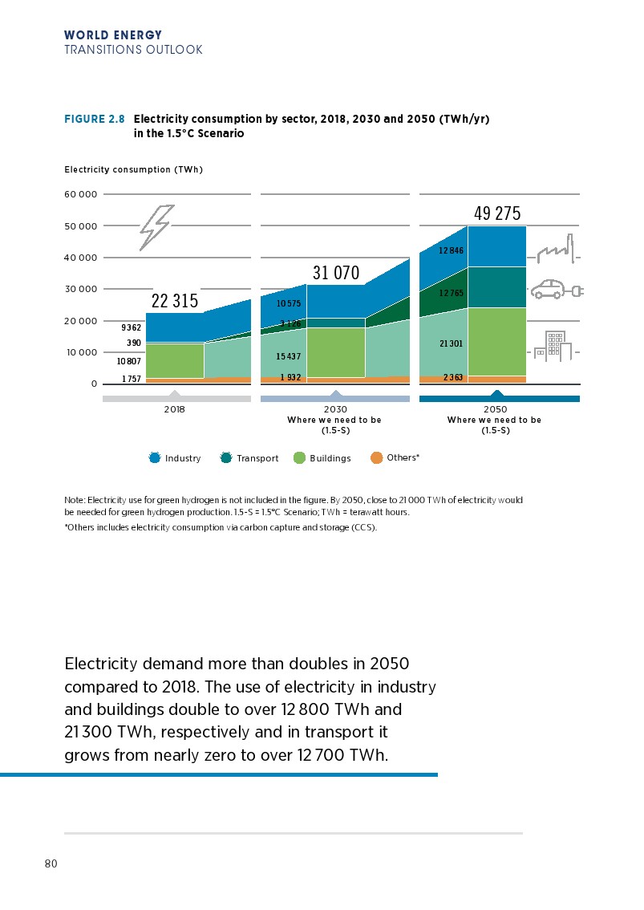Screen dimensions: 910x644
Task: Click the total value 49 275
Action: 497,213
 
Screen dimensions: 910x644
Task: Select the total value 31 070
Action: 336,273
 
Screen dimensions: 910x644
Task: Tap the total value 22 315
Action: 174,302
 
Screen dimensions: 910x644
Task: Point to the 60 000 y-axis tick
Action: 81,195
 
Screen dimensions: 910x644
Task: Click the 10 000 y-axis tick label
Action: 81,352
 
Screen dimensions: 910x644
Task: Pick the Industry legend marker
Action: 156,458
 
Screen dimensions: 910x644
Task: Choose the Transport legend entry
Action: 249,458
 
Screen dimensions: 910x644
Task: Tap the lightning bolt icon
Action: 156,226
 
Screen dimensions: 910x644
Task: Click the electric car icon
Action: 552,289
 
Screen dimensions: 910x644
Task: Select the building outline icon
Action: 554,346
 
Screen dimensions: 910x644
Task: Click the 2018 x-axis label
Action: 174,409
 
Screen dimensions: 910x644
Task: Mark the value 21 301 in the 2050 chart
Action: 451,343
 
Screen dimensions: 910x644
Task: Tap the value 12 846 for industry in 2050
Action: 451,251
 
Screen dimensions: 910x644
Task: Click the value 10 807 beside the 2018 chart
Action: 128,362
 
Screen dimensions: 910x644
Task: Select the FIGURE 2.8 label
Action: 94,119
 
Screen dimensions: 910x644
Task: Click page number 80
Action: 51,864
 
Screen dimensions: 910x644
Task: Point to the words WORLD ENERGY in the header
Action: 113,35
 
